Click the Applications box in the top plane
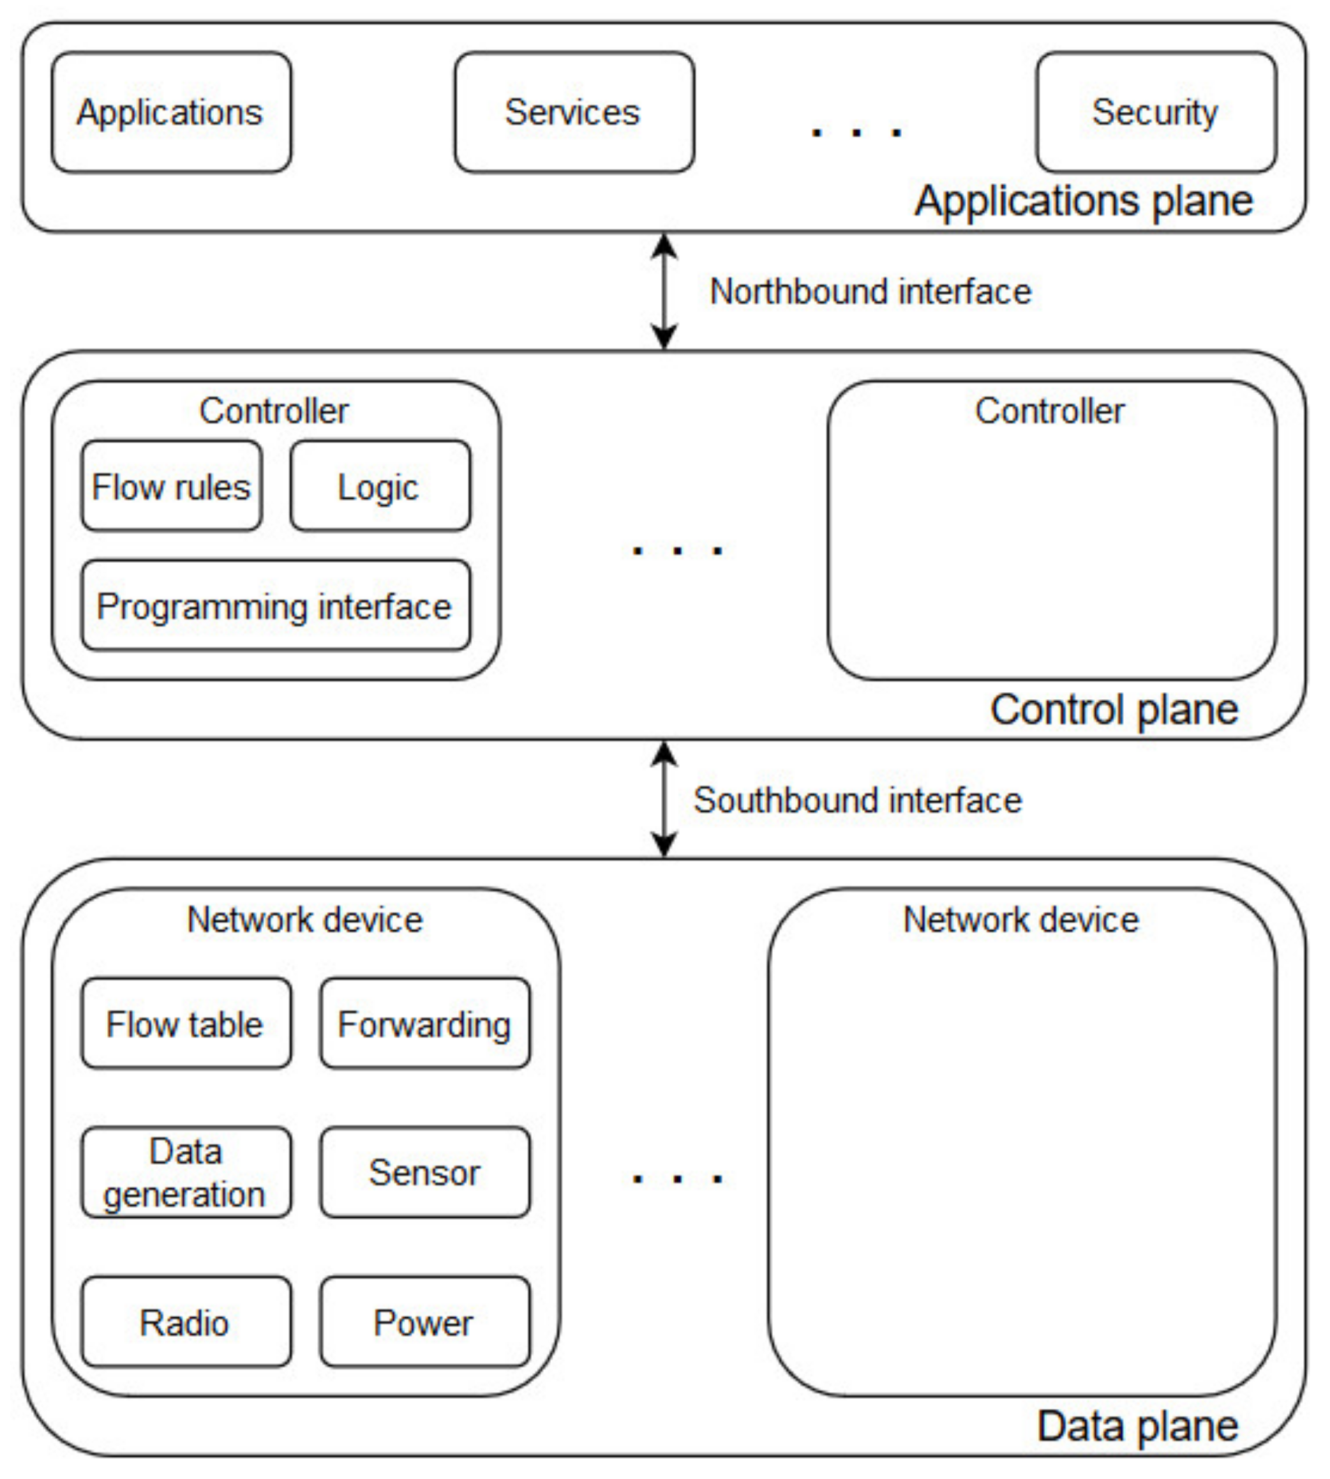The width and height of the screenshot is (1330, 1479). click(171, 112)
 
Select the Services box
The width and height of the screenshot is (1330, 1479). click(574, 112)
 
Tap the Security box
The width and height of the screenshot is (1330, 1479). click(1156, 112)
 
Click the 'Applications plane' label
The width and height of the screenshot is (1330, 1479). click(1084, 201)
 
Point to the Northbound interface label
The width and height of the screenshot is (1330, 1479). click(870, 292)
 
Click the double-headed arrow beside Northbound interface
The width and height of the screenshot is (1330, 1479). click(664, 292)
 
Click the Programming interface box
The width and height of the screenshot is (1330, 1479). click(276, 606)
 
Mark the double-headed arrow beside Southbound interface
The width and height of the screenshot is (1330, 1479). click(664, 799)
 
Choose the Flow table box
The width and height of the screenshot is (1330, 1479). click(186, 1024)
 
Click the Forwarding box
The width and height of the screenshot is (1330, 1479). click(424, 1024)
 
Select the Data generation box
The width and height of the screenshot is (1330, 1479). click(186, 1172)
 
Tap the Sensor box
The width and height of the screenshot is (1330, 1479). click(424, 1172)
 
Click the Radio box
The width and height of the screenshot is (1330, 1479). click(186, 1323)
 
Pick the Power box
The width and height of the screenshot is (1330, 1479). click(424, 1323)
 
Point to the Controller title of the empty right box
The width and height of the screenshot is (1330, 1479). click(1049, 411)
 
